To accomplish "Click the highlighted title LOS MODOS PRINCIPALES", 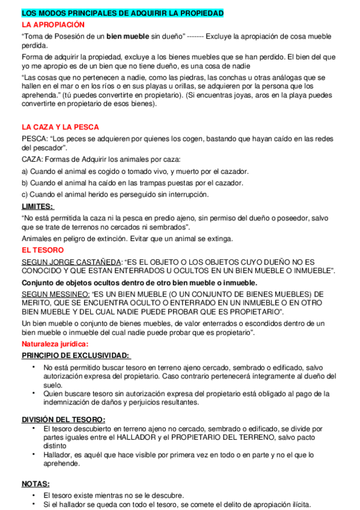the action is (122, 13).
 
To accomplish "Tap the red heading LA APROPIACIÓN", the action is (53, 25).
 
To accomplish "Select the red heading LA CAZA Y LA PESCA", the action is (60, 127).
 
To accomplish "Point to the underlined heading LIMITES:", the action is (37, 206).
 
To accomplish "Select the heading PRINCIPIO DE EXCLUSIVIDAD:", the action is (76, 355).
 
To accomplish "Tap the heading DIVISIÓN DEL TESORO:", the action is (64, 419).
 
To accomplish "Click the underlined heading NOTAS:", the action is (36, 484).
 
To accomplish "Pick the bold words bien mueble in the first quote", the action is (128, 36).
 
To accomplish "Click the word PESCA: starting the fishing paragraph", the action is (35, 139).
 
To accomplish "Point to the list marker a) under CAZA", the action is (25, 171).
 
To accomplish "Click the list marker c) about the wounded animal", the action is (25, 194).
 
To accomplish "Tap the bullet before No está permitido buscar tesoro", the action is (34, 367).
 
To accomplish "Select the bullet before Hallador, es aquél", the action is (34, 455).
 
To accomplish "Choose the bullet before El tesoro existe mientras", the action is (34, 495).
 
